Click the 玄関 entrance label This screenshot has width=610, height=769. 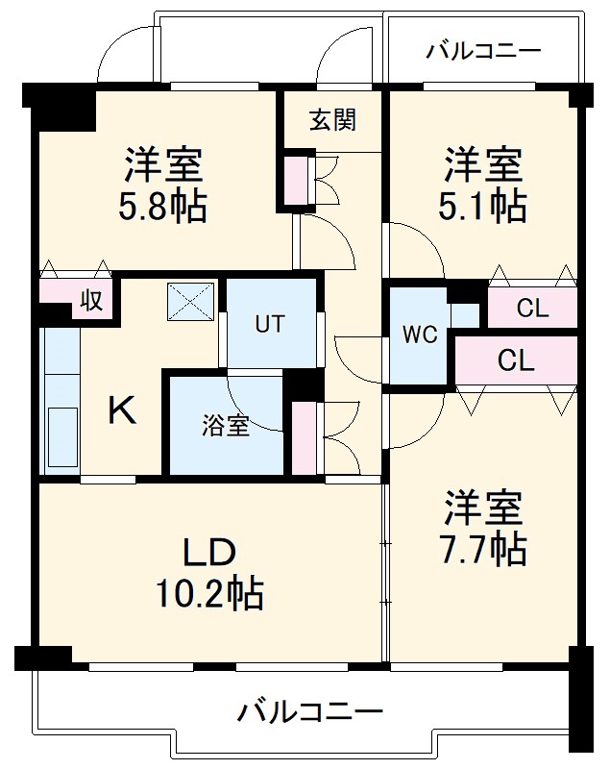pyautogui.click(x=332, y=120)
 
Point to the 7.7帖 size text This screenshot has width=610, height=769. pyautogui.click(x=483, y=548)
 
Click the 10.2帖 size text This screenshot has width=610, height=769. pyautogui.click(x=210, y=594)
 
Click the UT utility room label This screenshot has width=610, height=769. pyautogui.click(x=269, y=324)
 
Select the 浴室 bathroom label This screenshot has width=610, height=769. pyautogui.click(x=226, y=426)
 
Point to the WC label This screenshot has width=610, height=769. pyautogui.click(x=420, y=335)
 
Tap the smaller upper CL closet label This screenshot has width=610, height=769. pyautogui.click(x=532, y=310)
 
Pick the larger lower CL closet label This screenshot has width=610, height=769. pyautogui.click(x=516, y=360)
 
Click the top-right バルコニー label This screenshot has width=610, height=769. pyautogui.click(x=484, y=51)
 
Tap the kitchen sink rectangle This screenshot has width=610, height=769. pyautogui.click(x=61, y=439)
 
